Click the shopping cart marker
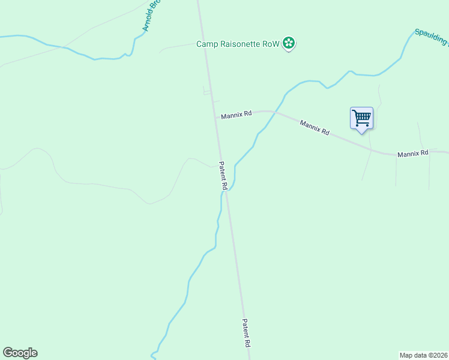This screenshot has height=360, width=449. [x=361, y=117]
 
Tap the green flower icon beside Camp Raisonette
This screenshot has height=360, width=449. [x=289, y=43]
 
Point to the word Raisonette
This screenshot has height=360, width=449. [x=241, y=44]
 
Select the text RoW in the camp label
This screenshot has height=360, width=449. [x=272, y=44]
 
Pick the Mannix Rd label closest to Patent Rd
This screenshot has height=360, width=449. [x=236, y=115]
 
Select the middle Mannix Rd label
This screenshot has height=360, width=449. [x=315, y=127]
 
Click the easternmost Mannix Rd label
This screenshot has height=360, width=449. [x=413, y=154]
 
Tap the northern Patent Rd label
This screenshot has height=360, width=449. [x=222, y=176]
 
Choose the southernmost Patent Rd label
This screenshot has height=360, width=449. [x=246, y=333]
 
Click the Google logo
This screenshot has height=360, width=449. [x=20, y=353]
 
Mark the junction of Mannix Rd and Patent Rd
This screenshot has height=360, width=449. [x=215, y=117]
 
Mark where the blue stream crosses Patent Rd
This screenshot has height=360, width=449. [x=226, y=191]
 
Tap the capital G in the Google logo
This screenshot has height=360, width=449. [x=8, y=353]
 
